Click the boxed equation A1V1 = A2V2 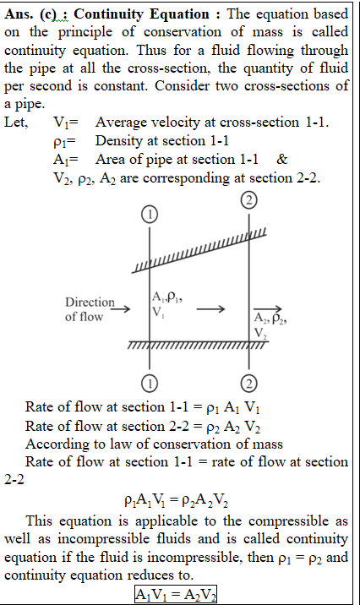pyautogui.click(x=176, y=594)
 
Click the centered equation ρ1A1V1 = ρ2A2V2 pyautogui.click(x=176, y=500)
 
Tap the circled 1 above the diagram pyautogui.click(x=150, y=215)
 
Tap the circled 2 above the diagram pyautogui.click(x=249, y=200)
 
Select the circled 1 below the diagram pyautogui.click(x=150, y=383)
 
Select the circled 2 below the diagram pyautogui.click(x=249, y=383)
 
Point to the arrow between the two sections pyautogui.click(x=210, y=308)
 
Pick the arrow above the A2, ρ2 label pyautogui.click(x=268, y=308)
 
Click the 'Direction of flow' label pyautogui.click(x=90, y=309)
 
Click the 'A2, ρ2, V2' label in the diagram pyautogui.click(x=270, y=325)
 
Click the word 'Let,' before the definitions pyautogui.click(x=16, y=123)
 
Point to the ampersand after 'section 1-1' pyautogui.click(x=282, y=160)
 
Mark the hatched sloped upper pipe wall pyautogui.click(x=199, y=251)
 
